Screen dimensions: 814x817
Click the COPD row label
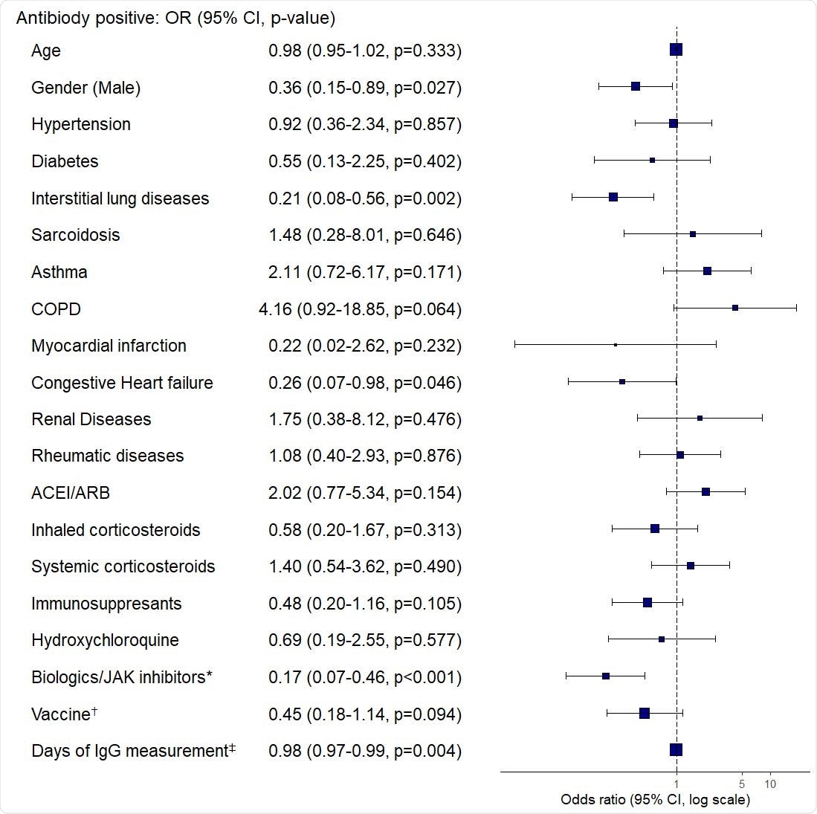point(56,309)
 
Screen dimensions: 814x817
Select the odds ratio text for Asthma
point(365,272)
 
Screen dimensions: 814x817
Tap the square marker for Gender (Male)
point(635,86)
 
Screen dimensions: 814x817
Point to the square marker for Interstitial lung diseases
point(613,197)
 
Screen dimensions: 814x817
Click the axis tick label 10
point(770,784)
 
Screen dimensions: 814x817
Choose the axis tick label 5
point(742,784)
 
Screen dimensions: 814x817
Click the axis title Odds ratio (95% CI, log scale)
point(655,800)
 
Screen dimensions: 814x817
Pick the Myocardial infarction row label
point(109,346)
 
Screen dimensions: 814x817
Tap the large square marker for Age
point(676,50)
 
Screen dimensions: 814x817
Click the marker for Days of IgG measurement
point(676,750)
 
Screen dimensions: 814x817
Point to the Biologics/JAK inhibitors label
point(122,677)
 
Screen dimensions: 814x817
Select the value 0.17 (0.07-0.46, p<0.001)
point(365,677)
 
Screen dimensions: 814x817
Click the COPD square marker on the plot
point(734,308)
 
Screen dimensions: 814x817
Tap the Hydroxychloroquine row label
point(105,640)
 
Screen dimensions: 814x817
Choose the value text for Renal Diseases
point(365,419)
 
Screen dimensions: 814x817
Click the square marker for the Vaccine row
point(644,713)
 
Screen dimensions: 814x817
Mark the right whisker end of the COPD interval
point(796,308)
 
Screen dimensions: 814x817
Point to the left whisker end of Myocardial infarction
point(514,344)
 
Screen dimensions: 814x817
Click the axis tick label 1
point(676,784)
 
